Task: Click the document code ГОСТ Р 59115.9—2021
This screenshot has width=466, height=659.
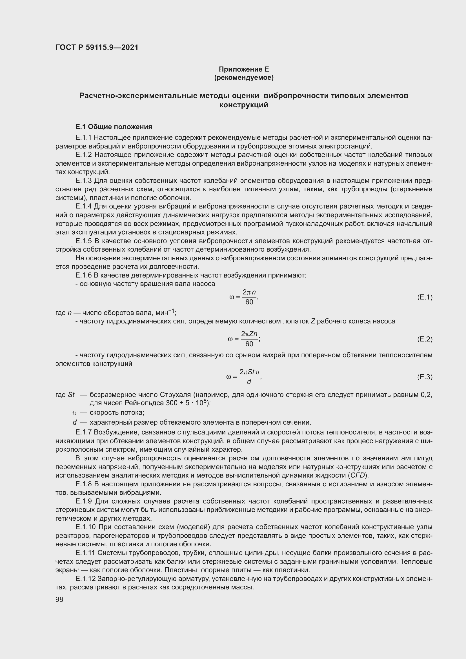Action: (97, 47)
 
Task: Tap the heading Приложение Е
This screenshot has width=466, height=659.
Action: (244, 69)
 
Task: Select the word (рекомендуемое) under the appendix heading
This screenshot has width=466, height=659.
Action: (244, 77)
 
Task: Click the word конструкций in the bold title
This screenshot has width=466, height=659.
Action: (244, 105)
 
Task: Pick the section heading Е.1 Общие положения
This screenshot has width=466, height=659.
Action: (114, 127)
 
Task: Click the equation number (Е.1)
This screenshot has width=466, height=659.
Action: (425, 297)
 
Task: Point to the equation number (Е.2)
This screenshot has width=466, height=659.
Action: (425, 339)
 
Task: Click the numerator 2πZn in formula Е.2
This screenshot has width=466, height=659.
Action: (249, 334)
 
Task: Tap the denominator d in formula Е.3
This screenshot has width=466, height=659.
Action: (249, 382)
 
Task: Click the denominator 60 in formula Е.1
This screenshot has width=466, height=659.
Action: (249, 302)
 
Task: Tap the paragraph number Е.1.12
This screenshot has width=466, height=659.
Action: (85, 579)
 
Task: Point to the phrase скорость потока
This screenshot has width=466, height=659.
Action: (117, 412)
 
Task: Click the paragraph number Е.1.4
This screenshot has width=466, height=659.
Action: (83, 206)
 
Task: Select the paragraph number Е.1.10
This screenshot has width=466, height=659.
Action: (85, 527)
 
